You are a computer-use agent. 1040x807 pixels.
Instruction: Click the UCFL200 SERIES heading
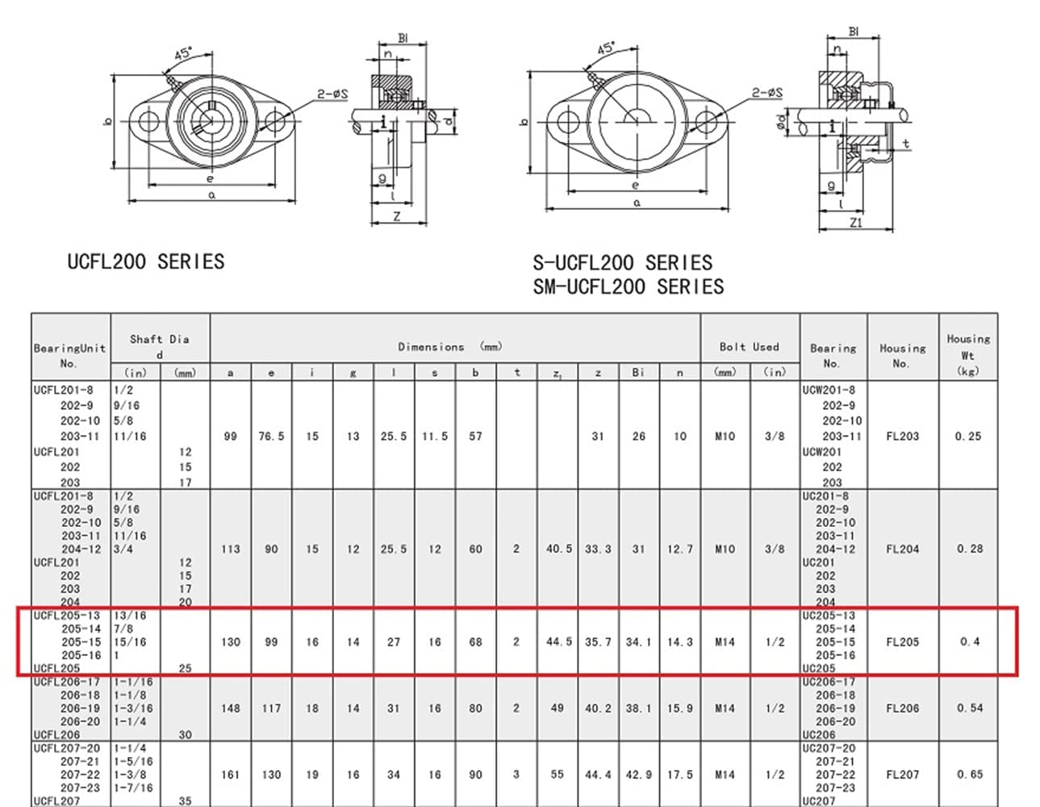[x=145, y=261]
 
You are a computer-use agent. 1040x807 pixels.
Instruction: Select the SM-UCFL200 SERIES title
[x=628, y=286]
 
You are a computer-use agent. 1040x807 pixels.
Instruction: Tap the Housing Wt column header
[x=967, y=354]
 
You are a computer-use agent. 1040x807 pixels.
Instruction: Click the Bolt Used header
[x=749, y=347]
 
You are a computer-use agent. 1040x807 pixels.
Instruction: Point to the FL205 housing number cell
[x=902, y=642]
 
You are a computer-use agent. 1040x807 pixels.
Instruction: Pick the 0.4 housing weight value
[x=969, y=642]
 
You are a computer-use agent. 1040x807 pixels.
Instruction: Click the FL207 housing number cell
[x=902, y=775]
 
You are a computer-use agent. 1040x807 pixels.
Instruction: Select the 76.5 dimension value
[x=271, y=437]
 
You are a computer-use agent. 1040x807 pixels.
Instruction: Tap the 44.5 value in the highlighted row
[x=558, y=642]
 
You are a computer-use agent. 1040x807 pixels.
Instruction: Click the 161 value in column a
[x=231, y=775]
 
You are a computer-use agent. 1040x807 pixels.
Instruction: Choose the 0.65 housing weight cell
[x=969, y=775]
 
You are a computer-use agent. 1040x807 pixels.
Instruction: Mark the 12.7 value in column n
[x=679, y=550]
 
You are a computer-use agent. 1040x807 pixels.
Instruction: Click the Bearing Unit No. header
[x=69, y=356]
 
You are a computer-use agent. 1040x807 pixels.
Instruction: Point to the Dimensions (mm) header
[x=449, y=347]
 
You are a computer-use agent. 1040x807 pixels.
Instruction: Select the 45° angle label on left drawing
[x=184, y=54]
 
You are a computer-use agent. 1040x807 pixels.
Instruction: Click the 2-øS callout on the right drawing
[x=766, y=93]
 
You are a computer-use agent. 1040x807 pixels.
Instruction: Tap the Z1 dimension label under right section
[x=856, y=223]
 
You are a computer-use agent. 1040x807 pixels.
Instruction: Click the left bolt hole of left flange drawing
[x=148, y=122]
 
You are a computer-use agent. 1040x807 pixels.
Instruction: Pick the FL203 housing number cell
[x=902, y=437]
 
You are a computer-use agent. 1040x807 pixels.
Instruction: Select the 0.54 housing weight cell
[x=969, y=709]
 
